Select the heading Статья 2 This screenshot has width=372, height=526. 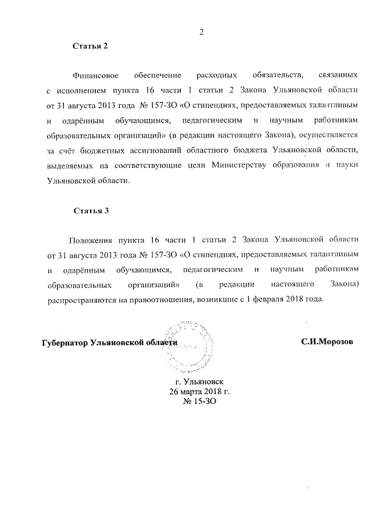point(90,46)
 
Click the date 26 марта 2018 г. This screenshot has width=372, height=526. point(199,392)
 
